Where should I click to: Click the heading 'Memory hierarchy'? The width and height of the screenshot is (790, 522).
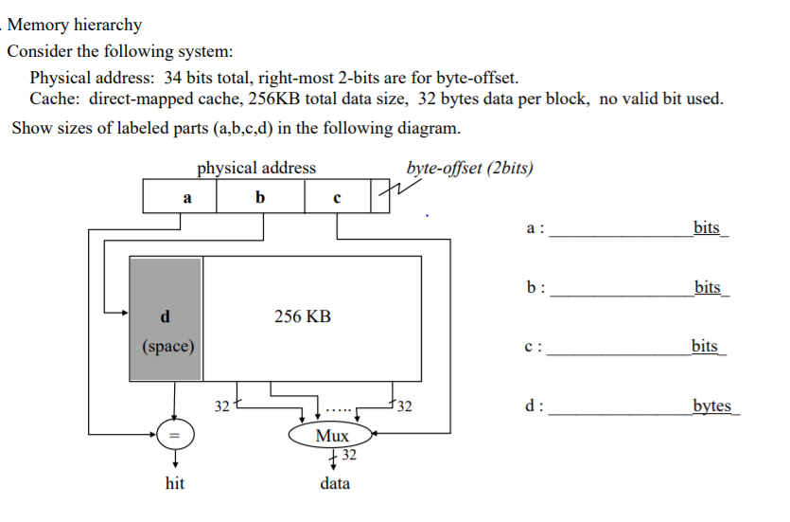pos(75,25)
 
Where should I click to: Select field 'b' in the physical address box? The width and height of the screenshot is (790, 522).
pos(261,197)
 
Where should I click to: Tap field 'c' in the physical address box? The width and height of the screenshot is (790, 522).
pos(337,197)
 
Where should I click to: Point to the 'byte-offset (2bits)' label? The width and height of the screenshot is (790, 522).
pos(469,169)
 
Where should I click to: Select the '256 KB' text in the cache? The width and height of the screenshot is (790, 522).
pos(303,316)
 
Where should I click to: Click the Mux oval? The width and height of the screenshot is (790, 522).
pos(332,436)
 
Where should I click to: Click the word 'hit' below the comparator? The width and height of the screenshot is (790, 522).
pos(174,483)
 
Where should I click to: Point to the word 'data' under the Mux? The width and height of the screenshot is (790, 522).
pos(334,483)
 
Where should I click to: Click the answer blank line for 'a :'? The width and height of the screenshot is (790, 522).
pos(620,231)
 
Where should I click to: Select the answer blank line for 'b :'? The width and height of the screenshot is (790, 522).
pos(620,292)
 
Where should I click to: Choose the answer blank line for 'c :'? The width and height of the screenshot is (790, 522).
pos(620,351)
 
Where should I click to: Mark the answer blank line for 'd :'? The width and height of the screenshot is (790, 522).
pos(620,411)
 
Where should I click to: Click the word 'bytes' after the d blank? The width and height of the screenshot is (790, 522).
pos(712,406)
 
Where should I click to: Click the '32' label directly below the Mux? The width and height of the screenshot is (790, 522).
pos(348,458)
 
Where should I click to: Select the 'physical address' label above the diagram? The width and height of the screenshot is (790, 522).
pos(256,168)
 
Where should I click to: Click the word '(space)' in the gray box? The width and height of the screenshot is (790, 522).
pos(167,346)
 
